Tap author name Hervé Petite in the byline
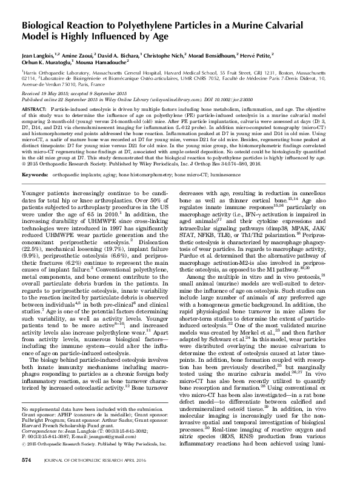point(309,53)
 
